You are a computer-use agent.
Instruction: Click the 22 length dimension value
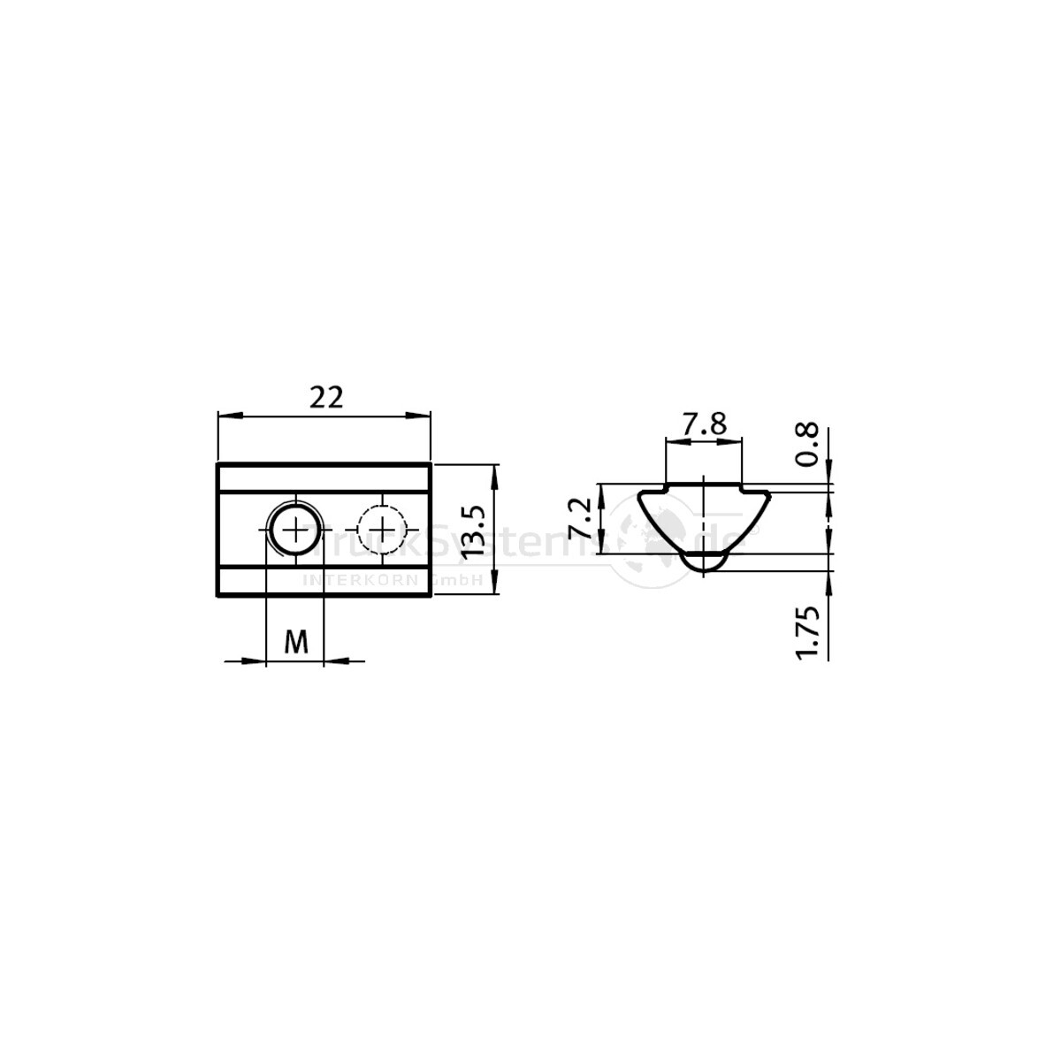[x=325, y=398]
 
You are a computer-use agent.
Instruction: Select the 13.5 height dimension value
[x=475, y=530]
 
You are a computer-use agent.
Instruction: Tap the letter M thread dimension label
[x=296, y=643]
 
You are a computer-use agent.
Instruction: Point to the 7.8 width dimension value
[x=704, y=425]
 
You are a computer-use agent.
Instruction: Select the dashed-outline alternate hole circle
[x=381, y=530]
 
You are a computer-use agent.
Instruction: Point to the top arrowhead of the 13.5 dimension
[x=493, y=471]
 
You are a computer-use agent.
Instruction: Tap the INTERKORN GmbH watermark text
[x=391, y=580]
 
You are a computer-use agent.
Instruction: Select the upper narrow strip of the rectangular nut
[x=324, y=477]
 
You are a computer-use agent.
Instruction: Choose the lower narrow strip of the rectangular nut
[x=324, y=582]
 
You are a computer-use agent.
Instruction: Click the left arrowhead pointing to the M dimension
[x=256, y=659]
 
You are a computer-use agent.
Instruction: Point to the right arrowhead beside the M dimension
[x=335, y=659]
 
